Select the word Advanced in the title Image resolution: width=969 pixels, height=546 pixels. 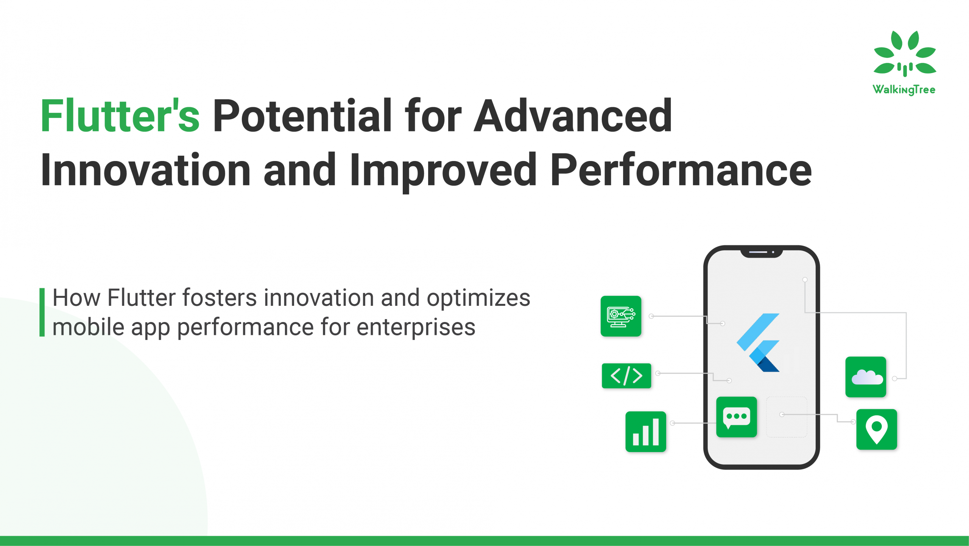click(573, 116)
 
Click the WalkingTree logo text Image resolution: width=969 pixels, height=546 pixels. click(904, 89)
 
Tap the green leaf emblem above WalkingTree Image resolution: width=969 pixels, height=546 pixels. click(905, 53)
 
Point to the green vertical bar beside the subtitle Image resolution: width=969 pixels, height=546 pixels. click(42, 312)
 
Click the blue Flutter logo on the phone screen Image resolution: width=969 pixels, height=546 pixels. click(758, 343)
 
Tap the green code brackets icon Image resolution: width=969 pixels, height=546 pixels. click(626, 376)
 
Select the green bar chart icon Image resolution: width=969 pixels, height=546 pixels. click(646, 432)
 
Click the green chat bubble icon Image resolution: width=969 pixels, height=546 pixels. click(736, 417)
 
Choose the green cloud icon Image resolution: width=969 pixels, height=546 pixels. click(866, 377)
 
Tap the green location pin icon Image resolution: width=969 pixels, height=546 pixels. click(877, 429)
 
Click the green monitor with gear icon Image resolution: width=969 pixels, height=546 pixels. click(621, 316)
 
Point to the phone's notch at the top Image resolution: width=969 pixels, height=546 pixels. click(761, 252)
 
